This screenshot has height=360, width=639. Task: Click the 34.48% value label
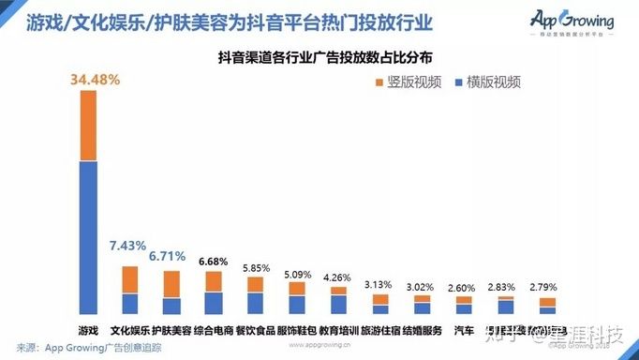[x=95, y=80]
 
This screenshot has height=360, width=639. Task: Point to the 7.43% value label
[x=127, y=246]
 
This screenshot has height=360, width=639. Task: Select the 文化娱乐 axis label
[x=130, y=330]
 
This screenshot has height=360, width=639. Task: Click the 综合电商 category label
[x=215, y=330]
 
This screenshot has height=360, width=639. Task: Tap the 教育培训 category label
[x=338, y=330]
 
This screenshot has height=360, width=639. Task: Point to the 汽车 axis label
[x=464, y=330]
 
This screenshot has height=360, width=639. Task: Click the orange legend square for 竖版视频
[x=379, y=82]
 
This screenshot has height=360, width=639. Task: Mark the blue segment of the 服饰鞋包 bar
[x=297, y=304]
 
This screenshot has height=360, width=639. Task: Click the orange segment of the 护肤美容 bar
[x=171, y=283]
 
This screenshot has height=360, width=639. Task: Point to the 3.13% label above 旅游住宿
[x=379, y=285]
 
